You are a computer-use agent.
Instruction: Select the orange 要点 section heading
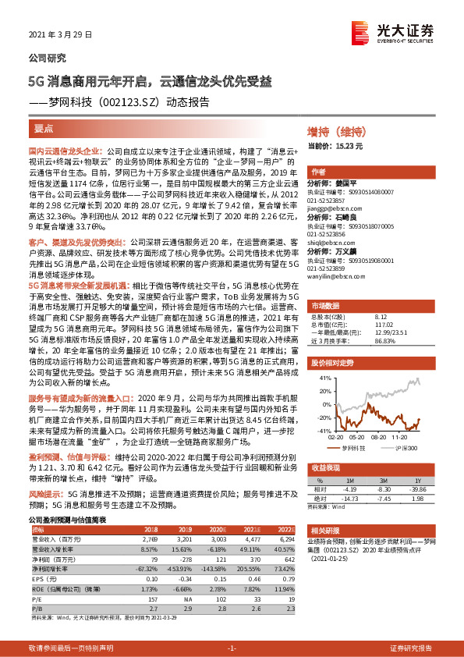(44, 127)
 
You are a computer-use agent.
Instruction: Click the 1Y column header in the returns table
(418, 481)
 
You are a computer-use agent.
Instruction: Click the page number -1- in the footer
(232, 648)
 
